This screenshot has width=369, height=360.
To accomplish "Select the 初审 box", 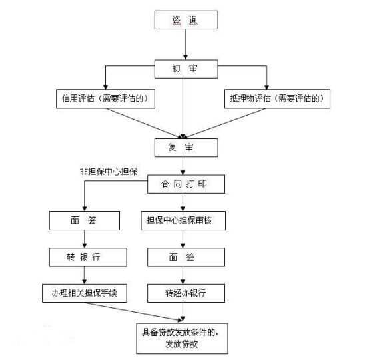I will coord(186,68).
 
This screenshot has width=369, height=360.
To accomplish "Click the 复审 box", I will coord(186,146).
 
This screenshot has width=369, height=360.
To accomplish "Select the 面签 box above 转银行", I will coord(84,220).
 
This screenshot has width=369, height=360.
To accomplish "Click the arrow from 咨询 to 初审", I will coord(186,44).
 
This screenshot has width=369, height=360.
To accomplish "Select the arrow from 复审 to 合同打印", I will coord(186,164).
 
